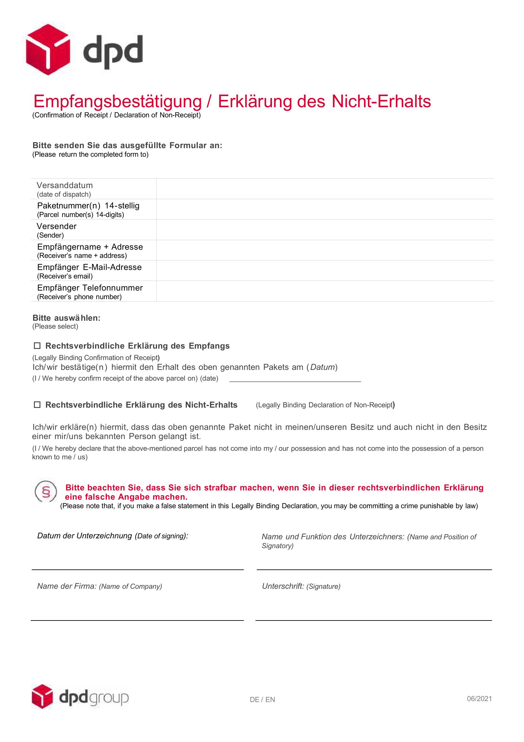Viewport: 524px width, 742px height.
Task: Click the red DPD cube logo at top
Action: [x=48, y=49]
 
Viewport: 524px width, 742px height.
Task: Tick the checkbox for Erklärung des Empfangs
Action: [x=37, y=346]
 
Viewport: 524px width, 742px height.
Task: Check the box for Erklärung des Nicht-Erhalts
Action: [x=37, y=404]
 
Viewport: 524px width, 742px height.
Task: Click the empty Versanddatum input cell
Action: [x=325, y=189]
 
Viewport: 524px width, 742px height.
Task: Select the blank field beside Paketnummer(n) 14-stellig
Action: [x=325, y=209]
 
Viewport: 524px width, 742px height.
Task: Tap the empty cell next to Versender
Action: [x=325, y=230]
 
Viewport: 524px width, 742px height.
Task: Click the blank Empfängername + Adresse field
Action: [x=325, y=250]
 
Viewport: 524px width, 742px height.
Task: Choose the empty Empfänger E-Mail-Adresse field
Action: [x=325, y=271]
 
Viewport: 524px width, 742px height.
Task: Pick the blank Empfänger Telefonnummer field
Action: [x=325, y=291]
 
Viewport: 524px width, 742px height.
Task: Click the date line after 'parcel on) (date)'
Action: [x=295, y=379]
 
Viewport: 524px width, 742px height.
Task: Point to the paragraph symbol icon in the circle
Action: [x=46, y=492]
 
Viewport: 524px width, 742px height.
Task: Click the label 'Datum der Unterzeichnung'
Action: [x=85, y=536]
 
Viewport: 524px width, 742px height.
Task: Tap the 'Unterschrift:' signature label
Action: [x=283, y=586]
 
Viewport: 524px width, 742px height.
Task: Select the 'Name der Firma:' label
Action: [x=67, y=586]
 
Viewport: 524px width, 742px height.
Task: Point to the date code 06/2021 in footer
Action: [x=479, y=699]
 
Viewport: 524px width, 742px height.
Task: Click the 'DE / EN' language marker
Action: [x=262, y=700]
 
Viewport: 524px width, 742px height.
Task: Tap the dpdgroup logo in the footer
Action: [x=80, y=699]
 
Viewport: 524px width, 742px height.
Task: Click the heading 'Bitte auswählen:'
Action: [x=67, y=318]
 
